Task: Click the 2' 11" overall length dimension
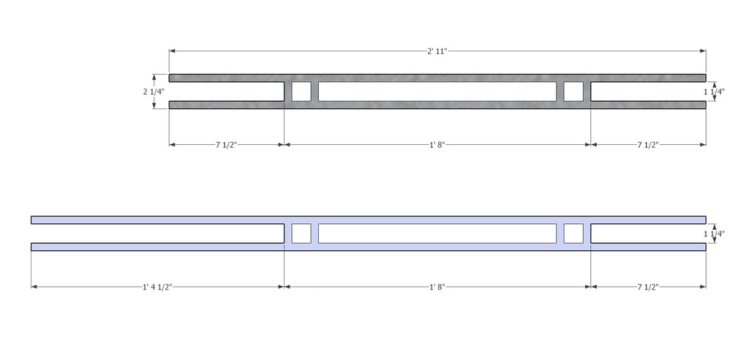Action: tap(437, 50)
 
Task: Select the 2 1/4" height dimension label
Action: tap(154, 91)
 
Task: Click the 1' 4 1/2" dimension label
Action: tap(157, 287)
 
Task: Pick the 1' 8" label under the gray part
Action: tap(437, 144)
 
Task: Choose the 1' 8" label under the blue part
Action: tap(437, 287)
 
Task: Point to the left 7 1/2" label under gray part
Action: tap(226, 144)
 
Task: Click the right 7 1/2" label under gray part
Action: tap(648, 144)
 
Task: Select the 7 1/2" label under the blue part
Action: tap(648, 287)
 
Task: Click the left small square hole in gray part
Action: tap(301, 91)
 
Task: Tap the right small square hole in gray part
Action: tap(573, 91)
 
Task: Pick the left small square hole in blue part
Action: tap(301, 233)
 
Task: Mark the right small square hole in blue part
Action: tap(573, 233)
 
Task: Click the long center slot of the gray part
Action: tap(437, 91)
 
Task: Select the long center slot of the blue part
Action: tap(437, 233)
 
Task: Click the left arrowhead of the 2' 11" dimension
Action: tap(172, 50)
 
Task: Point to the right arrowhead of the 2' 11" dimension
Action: tap(703, 50)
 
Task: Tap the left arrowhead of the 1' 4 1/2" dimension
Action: tap(34, 287)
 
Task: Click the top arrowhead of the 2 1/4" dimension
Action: tap(154, 77)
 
